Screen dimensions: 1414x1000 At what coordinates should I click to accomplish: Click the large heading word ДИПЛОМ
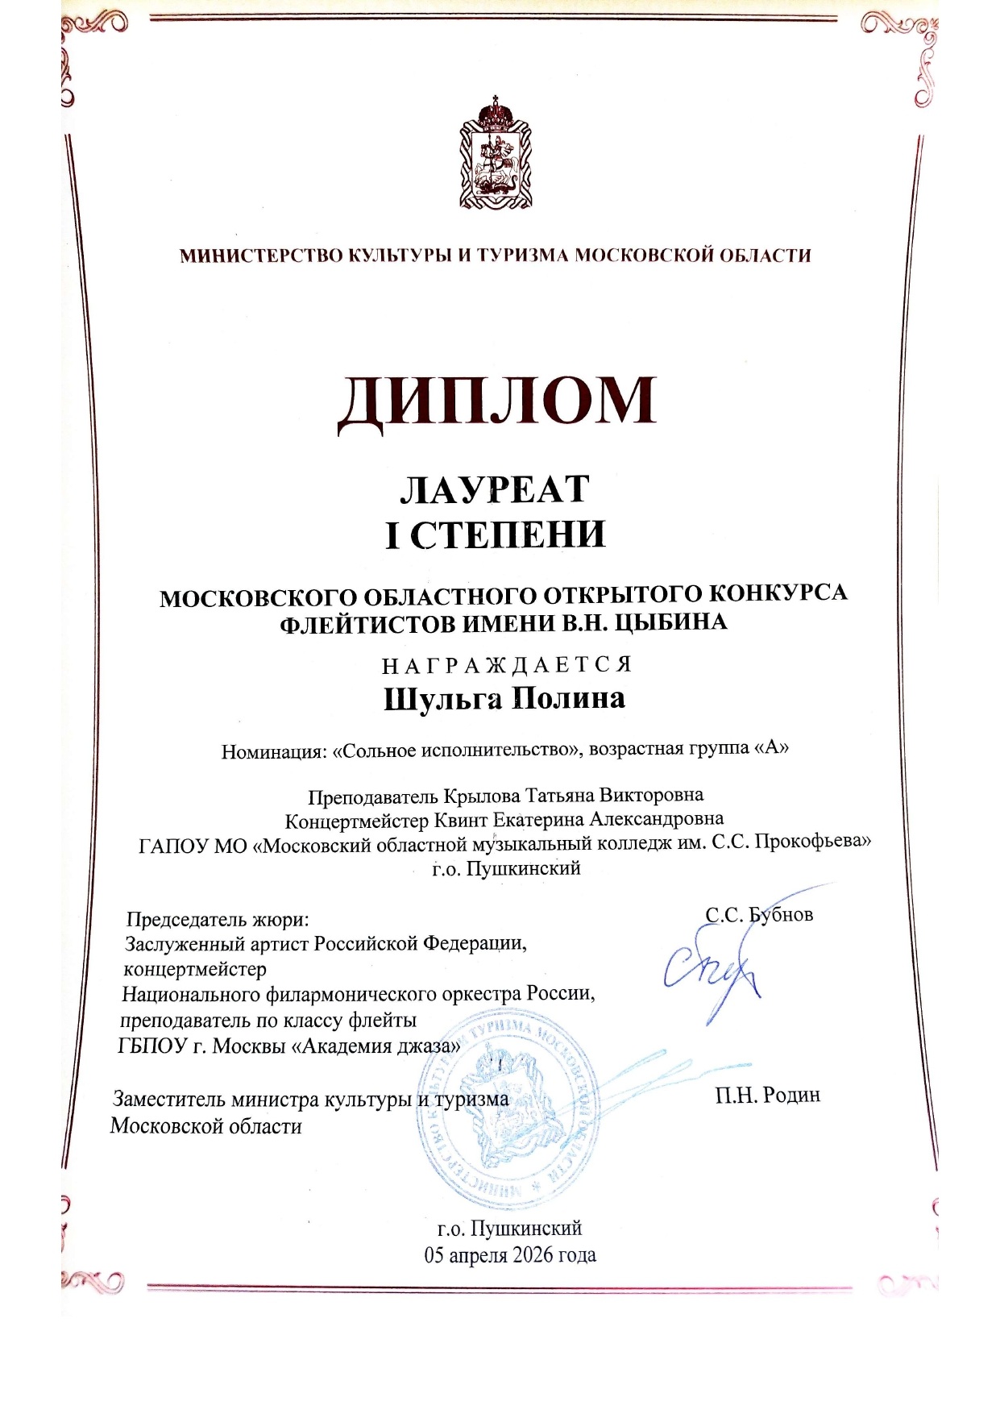(496, 401)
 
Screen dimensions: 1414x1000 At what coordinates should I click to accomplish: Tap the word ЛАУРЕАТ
(495, 489)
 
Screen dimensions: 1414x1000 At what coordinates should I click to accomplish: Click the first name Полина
(569, 697)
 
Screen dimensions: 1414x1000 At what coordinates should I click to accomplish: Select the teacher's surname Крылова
(483, 796)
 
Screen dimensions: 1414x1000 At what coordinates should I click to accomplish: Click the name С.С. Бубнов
(759, 915)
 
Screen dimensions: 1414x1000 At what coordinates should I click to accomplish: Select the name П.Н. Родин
(767, 1095)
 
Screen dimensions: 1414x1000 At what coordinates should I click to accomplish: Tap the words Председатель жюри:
(218, 920)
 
